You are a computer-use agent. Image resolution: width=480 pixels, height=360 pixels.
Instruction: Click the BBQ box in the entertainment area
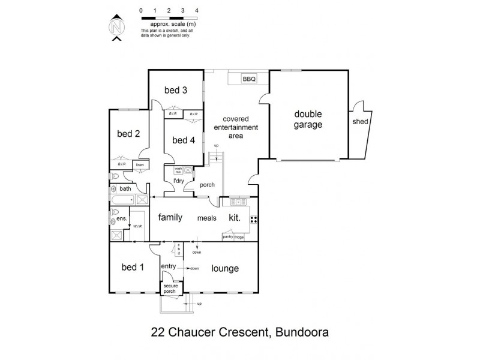(x=248, y=79)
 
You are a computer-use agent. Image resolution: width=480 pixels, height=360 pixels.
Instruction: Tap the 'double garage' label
(x=308, y=119)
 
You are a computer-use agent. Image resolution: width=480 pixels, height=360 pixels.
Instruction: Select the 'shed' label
(x=361, y=121)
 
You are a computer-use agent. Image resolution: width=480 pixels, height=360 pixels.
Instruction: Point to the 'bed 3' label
(x=176, y=91)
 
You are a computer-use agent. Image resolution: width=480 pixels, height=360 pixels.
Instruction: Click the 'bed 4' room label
(x=184, y=140)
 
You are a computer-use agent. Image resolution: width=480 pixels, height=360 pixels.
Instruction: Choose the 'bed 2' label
(x=128, y=134)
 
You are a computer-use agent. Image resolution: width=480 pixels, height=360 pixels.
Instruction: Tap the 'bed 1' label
(x=133, y=268)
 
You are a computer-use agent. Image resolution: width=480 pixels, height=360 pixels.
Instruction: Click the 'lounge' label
(x=225, y=268)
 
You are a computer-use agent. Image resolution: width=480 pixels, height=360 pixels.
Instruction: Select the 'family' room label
(x=170, y=217)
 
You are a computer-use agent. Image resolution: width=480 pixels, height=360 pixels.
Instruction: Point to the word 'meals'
(x=207, y=218)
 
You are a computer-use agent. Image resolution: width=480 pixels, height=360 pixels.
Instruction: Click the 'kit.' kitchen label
(x=234, y=218)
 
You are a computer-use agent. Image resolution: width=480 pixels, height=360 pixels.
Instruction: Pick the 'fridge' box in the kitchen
(x=239, y=238)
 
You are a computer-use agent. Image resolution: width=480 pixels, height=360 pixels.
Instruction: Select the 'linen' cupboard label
(x=140, y=164)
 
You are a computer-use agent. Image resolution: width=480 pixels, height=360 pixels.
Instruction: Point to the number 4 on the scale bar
(x=197, y=11)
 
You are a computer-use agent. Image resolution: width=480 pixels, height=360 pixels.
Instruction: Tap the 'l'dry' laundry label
(x=178, y=181)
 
